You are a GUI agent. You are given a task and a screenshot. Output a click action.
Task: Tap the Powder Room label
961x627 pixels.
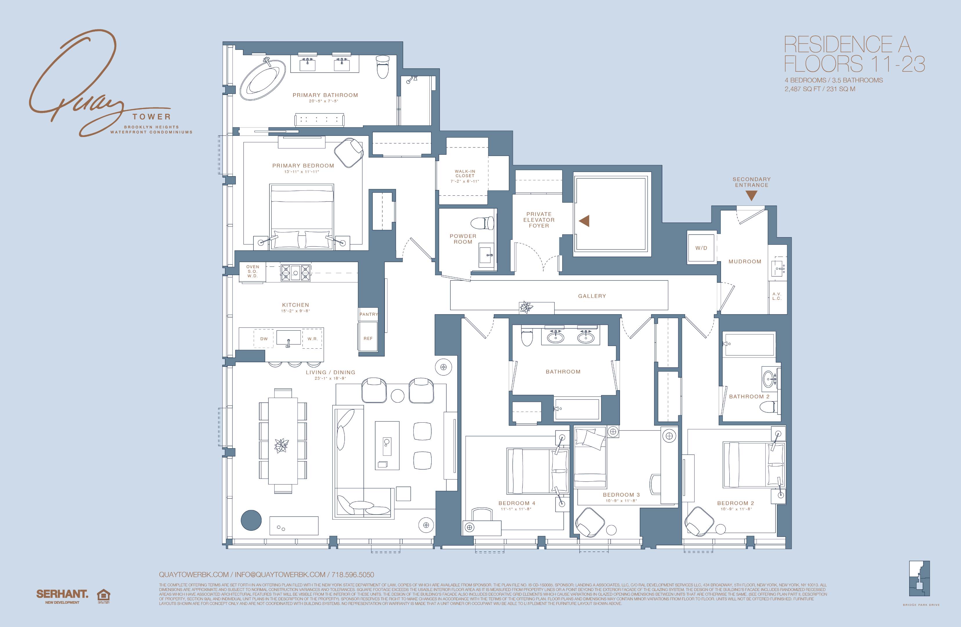pos(463,239)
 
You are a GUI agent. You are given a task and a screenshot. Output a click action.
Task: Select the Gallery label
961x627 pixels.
pos(592,296)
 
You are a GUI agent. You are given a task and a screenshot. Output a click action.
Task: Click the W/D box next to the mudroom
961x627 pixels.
pos(701,248)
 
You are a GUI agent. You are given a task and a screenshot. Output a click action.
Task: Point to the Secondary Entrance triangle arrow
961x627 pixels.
pos(751,195)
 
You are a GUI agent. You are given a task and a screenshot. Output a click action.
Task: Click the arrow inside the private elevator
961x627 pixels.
pos(584,221)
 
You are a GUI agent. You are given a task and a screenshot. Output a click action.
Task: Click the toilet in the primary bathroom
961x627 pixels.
pos(382,66)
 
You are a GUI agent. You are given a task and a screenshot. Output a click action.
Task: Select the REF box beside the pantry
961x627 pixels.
pos(368,338)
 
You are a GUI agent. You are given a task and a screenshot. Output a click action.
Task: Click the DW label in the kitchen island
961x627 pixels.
pos(264,339)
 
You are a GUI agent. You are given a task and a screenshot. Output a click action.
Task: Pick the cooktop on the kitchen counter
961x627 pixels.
pos(295,273)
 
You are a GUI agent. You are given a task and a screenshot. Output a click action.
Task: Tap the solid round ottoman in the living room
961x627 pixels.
pos(251,520)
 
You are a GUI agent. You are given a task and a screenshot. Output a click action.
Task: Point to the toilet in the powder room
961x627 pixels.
pos(482,223)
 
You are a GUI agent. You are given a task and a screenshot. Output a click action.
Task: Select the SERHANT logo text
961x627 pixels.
pos(62,594)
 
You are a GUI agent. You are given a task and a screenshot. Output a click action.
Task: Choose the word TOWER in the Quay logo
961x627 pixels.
pos(152,117)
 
